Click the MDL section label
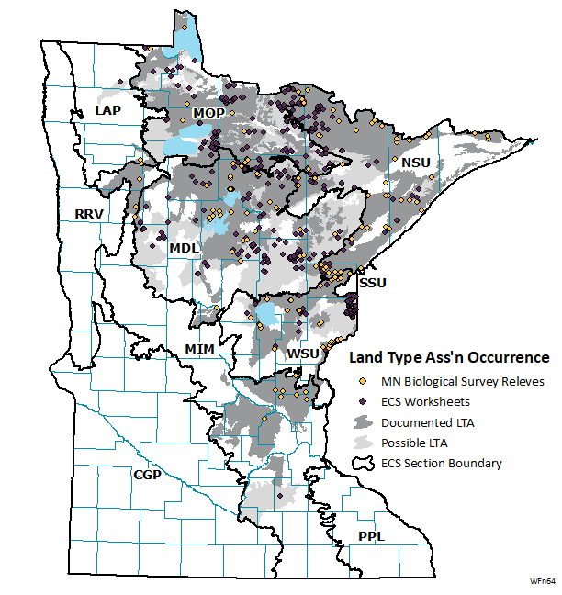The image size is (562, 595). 184,249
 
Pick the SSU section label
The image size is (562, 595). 373,284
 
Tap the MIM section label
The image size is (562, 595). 199,349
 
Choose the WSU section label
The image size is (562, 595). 303,354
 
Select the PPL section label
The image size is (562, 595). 372,536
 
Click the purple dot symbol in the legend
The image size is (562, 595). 363,401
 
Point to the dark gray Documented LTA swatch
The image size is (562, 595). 364,422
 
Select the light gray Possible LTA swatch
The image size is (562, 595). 364,443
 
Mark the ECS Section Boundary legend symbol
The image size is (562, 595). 364,463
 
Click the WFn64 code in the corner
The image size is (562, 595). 541,581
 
